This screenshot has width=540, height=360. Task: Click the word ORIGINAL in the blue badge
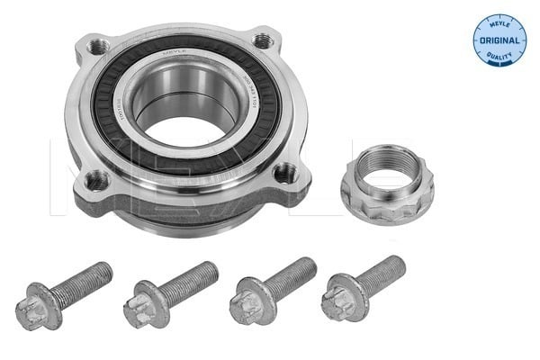pos(500,40)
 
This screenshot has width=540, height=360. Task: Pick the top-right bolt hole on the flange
pos(262,40)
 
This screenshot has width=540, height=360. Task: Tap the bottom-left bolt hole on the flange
pos(94,179)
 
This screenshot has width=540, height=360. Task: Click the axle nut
pos(387,184)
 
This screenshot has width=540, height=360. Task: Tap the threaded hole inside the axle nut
pos(387,171)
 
